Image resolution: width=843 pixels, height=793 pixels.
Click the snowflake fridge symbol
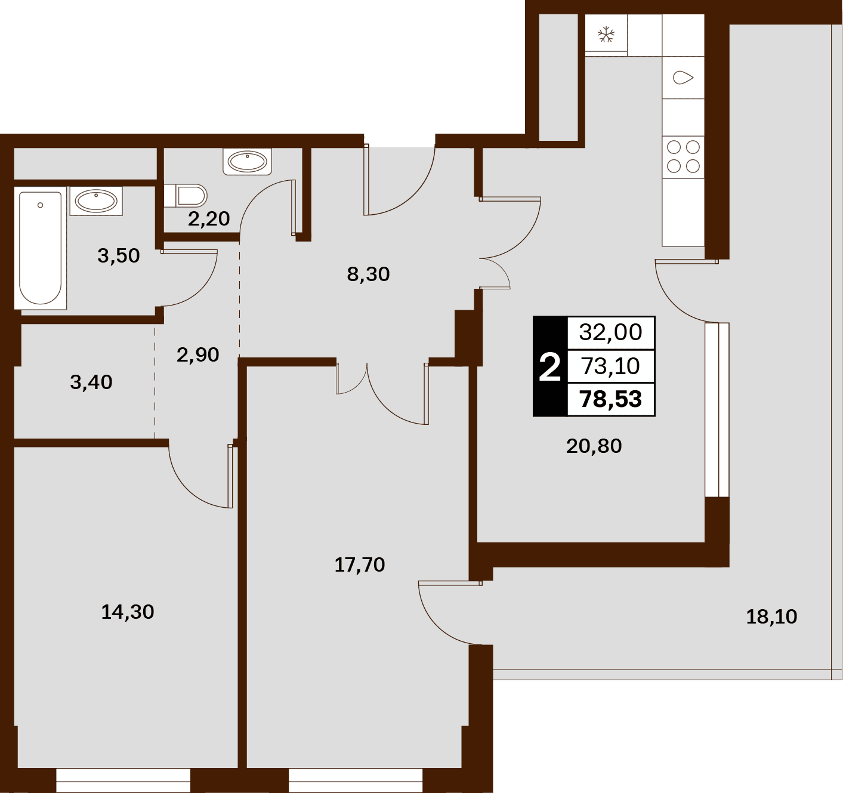tap(606, 35)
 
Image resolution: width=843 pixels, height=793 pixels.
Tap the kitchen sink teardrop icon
tap(683, 78)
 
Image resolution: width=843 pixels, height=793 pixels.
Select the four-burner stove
tap(683, 157)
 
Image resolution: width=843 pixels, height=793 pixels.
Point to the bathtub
tap(41, 248)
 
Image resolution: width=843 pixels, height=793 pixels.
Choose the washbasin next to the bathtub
tap(97, 201)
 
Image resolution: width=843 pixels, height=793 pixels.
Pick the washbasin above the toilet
tap(247, 161)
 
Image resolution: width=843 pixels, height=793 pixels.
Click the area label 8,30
tap(368, 274)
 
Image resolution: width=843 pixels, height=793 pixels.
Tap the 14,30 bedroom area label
tap(127, 612)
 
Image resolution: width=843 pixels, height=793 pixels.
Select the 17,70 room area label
tap(360, 565)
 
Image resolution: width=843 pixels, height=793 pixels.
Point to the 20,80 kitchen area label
tap(594, 446)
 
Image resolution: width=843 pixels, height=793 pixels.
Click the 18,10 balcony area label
tap(771, 617)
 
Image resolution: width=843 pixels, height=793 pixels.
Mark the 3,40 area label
tap(91, 382)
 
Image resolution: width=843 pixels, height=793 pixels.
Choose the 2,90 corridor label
tap(198, 354)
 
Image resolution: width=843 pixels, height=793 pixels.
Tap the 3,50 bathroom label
tap(119, 256)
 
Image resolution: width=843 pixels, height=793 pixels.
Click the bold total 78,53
tap(611, 399)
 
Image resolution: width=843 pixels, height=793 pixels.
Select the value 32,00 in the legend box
tap(611, 332)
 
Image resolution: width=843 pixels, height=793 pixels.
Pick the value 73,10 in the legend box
tap(611, 366)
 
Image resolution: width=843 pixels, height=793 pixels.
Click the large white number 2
tap(549, 368)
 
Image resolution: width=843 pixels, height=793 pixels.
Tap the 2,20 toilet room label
tap(209, 219)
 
